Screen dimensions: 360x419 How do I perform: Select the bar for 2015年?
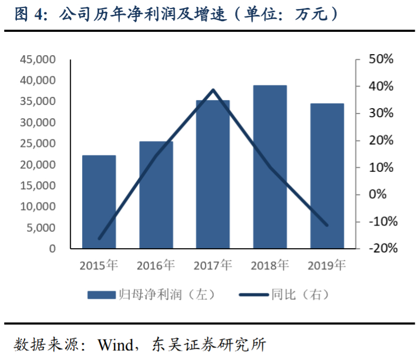tap(99, 201)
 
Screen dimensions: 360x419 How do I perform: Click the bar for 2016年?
tap(156, 195)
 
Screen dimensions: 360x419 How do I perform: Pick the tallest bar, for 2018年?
tap(270, 166)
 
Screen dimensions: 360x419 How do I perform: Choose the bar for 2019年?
tap(327, 175)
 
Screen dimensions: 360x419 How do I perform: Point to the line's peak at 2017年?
tap(213, 90)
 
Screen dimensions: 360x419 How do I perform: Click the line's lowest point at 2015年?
tap(99, 239)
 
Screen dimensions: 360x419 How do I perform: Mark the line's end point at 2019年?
tap(327, 225)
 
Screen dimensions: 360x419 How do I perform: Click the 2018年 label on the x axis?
tap(270, 265)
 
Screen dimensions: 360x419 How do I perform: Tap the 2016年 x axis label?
tap(156, 265)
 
